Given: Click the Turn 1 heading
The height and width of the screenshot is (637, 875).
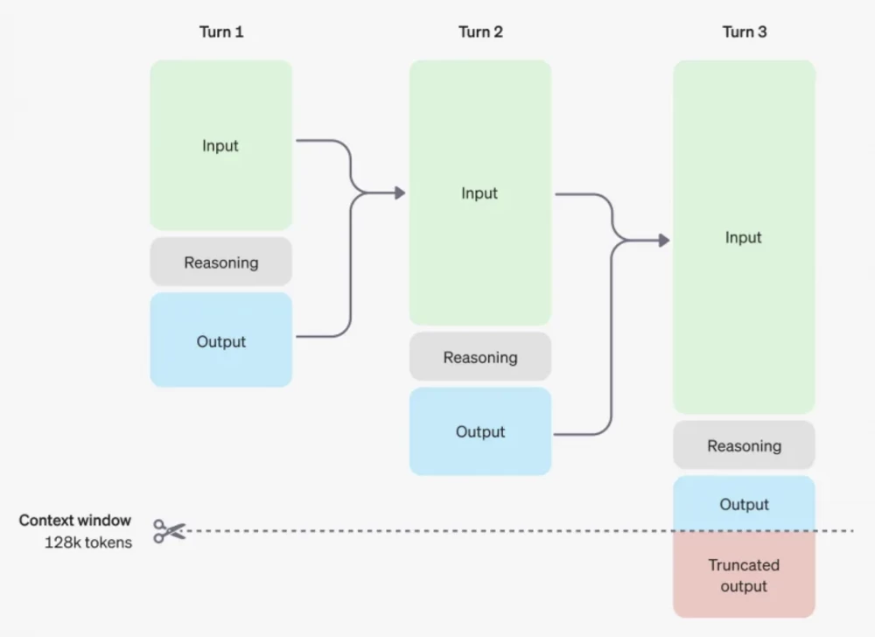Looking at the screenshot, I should [x=221, y=32].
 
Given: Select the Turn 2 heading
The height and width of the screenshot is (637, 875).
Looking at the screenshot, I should [x=480, y=32].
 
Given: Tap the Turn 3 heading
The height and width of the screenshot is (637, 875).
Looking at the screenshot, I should [x=744, y=32].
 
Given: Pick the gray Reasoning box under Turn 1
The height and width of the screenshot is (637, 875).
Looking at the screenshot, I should [x=220, y=262].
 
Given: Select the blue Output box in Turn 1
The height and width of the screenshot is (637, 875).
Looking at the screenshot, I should [x=220, y=340].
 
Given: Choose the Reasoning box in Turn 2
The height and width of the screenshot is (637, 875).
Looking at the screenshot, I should [x=479, y=357].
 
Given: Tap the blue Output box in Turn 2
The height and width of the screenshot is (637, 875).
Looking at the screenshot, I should [x=479, y=431].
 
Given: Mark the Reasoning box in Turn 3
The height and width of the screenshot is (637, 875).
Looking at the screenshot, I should [x=744, y=445].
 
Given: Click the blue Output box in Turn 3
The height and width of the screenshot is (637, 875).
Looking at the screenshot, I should [x=744, y=504].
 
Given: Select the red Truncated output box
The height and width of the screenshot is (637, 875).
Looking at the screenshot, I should [x=744, y=575].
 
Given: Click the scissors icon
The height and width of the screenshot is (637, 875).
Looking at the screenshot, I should [x=169, y=531].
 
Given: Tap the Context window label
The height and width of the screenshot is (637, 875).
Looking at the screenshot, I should [x=75, y=521].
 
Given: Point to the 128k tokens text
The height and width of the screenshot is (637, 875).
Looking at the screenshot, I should [x=88, y=542].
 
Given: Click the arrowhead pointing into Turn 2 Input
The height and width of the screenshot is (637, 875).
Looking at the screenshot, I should [x=400, y=192].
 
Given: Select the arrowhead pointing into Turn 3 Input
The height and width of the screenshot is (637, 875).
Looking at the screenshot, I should [x=664, y=240].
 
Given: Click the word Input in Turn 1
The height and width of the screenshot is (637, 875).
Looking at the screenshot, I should [x=220, y=145].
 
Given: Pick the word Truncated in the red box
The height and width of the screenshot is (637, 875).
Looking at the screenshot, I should [x=744, y=565].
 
